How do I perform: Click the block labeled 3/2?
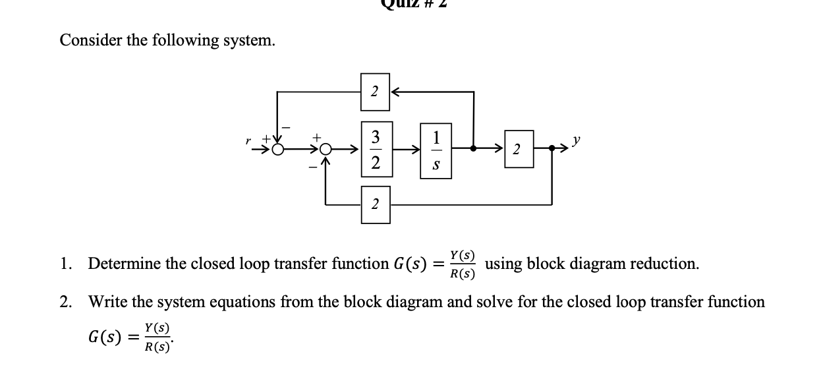coord(375,150)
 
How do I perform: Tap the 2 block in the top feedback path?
coord(374,92)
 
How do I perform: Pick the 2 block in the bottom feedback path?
coord(374,204)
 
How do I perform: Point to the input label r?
coord(248,140)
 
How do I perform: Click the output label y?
coord(577,142)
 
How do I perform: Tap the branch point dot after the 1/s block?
coord(474,150)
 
